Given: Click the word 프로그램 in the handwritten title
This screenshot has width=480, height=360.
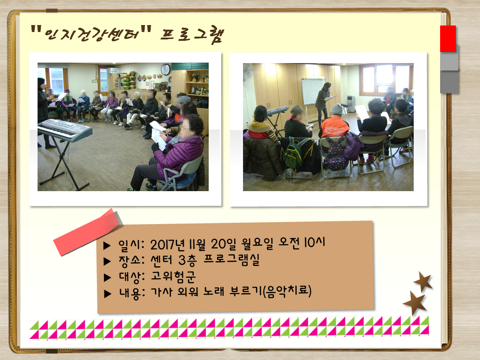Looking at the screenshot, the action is [x=192, y=35].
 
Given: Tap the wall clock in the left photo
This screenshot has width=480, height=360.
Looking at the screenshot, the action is [x=165, y=70].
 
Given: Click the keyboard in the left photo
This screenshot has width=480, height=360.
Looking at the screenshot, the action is [x=64, y=130].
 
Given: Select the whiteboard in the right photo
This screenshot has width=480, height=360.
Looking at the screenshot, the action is [x=313, y=91].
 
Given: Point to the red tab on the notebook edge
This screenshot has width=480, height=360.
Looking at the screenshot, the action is [x=448, y=39].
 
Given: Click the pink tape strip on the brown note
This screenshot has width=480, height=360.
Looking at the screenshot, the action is [x=88, y=232].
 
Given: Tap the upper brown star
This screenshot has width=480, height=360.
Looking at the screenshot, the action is [x=423, y=281].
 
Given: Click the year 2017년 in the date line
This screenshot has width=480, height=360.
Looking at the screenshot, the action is [x=167, y=244].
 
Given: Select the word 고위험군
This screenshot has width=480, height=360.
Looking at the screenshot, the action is [x=173, y=276].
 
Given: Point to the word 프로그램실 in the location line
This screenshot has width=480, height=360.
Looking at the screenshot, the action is [x=231, y=260].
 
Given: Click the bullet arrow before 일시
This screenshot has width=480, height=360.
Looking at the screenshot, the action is [x=107, y=245].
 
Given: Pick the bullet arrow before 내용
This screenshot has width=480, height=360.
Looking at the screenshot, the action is [x=108, y=294].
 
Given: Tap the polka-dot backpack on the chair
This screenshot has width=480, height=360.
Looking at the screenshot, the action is [x=336, y=153].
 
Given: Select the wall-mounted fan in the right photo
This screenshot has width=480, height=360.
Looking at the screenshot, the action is [x=249, y=72].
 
